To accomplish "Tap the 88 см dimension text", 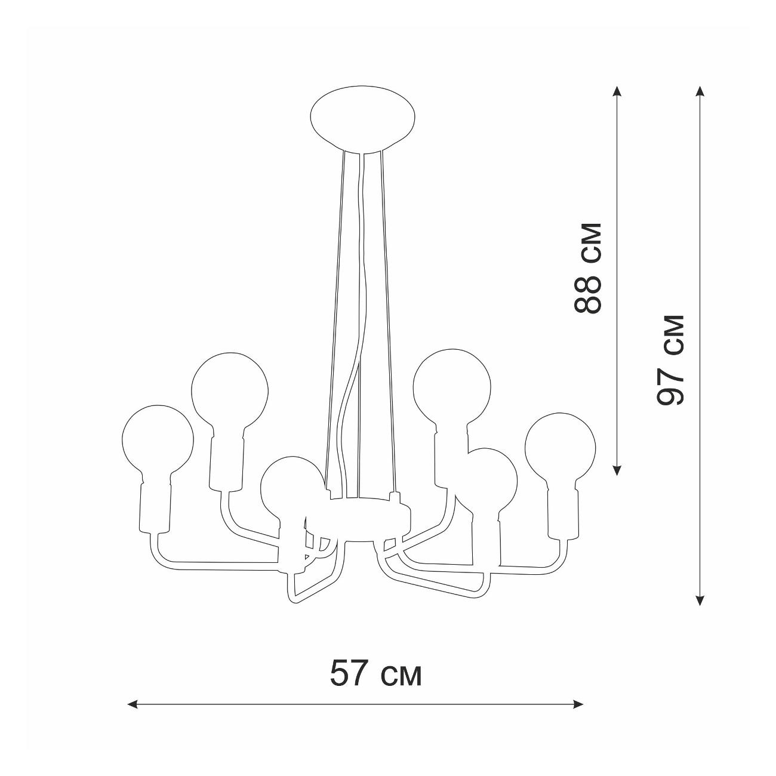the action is tap(587, 268).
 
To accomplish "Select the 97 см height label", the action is tap(671, 359).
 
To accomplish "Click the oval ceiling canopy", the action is tap(364, 119).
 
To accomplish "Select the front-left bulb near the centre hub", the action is tap(291, 488).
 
